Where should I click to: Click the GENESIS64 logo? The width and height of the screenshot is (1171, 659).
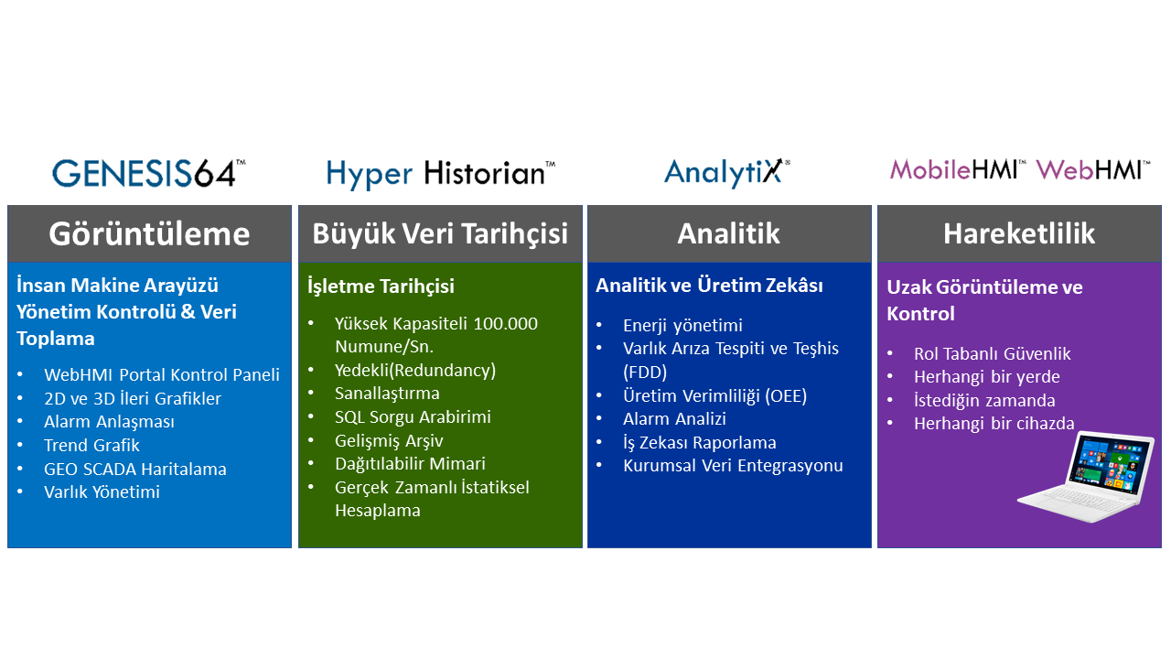(149, 173)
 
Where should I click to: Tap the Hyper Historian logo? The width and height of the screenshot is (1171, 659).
(441, 174)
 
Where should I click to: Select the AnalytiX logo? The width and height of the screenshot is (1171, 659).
(727, 173)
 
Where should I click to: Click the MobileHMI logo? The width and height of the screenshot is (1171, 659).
(958, 170)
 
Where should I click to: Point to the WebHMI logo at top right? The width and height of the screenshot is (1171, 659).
(1092, 170)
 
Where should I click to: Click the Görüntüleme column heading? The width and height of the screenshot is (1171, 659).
(149, 233)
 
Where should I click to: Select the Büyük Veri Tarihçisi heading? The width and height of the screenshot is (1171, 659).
(440, 233)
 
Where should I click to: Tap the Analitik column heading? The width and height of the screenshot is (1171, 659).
(729, 233)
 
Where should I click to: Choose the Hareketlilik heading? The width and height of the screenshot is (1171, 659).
(1019, 233)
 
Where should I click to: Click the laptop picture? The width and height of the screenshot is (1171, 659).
(1088, 476)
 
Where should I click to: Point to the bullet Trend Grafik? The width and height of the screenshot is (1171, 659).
(91, 445)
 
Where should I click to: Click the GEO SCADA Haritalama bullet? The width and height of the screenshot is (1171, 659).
(134, 470)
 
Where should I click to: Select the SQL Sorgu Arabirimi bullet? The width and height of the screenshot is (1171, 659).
(413, 416)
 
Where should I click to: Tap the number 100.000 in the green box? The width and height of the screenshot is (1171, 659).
(505, 324)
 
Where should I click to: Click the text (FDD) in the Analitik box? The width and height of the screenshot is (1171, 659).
(645, 372)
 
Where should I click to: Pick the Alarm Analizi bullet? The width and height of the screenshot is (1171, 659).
(674, 419)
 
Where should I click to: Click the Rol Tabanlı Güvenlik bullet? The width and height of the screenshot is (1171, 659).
(993, 354)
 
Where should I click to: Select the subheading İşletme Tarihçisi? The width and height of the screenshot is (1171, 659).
(381, 286)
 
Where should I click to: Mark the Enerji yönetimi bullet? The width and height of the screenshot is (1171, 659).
(682, 325)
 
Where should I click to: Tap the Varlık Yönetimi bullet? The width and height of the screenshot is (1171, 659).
(102, 492)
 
